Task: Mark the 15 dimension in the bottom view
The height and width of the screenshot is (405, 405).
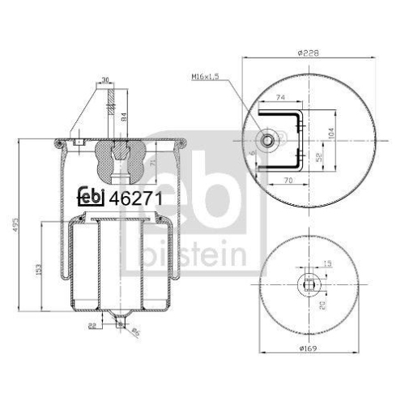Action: [x=327, y=262]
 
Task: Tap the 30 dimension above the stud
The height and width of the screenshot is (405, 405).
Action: [x=105, y=79]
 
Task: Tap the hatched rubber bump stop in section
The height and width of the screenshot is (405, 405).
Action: [x=118, y=159]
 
